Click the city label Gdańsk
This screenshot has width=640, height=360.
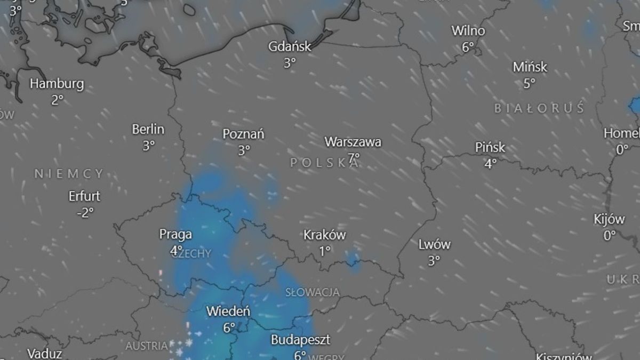coord(290,46)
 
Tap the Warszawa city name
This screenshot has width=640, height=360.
coord(353,142)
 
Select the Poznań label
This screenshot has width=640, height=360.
coord(244,134)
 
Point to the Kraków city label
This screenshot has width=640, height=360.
coord(324,235)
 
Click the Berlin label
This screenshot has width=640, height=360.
coord(148,129)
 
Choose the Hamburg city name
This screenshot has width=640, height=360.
coord(57,84)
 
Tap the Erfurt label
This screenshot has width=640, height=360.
coord(84,196)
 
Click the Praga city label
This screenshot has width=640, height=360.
coord(175,234)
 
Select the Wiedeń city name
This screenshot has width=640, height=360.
coord(228,311)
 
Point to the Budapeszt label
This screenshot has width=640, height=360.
coord(300,340)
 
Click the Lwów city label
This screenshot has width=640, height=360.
coord(434,245)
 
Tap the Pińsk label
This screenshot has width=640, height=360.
coord(490,148)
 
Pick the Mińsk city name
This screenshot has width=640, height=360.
coord(530,68)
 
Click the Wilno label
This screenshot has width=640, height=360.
coord(468,31)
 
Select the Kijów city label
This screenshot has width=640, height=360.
coord(609,219)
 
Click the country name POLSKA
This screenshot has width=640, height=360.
coord(324,163)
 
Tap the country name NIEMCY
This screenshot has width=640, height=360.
coord(69,173)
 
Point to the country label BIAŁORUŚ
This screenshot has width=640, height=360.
coord(539,109)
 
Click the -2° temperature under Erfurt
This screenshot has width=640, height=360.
coord(85,212)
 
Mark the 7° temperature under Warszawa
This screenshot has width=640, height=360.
coord(354,158)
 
